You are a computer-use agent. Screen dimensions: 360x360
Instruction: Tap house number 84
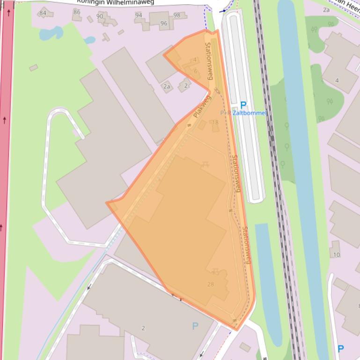tap(43, 13)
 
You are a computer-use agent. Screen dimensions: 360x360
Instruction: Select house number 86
tap(77, 12)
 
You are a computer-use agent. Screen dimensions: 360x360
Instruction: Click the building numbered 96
tap(163, 23)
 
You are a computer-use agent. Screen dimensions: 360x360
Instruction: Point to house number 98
tap(176, 15)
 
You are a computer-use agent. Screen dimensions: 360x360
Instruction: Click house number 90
tap(100, 16)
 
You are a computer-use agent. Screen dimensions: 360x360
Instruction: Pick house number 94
tap(139, 15)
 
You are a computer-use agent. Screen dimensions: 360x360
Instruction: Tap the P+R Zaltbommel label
tap(243, 113)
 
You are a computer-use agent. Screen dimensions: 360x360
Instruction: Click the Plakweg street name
tap(202, 106)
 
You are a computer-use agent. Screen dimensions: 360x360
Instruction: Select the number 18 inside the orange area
tap(215, 122)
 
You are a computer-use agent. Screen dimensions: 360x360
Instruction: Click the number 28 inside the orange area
tap(210, 284)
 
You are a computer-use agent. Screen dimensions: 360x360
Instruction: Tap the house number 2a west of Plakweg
tap(167, 86)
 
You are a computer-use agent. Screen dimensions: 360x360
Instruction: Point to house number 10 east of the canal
tap(337, 255)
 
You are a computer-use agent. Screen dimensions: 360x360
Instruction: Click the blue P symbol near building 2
tap(195, 326)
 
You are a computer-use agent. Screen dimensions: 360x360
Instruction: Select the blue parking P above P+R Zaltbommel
tap(243, 105)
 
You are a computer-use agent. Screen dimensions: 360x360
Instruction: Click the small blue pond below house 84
tap(51, 33)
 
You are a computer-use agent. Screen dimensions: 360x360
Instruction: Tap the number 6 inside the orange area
tap(196, 71)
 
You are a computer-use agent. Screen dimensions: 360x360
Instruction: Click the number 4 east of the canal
tap(337, 80)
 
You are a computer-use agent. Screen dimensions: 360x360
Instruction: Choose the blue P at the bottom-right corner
tap(341, 349)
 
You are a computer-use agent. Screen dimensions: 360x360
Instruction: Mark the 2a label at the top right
tap(326, 9)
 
